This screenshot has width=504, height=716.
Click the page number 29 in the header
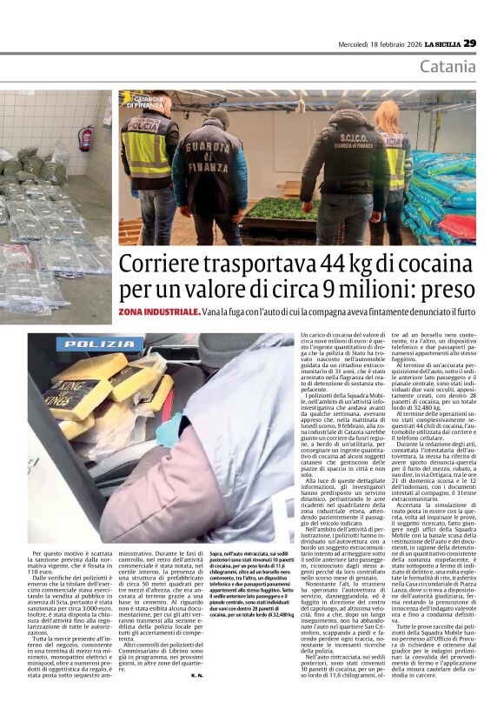point(469,43)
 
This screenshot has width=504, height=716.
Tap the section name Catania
point(448,67)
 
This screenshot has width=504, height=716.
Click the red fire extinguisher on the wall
point(85,138)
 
